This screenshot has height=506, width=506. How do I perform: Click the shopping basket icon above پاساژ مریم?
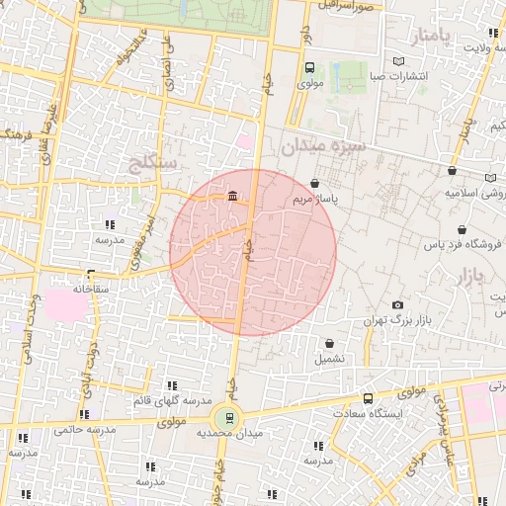tap(314, 183)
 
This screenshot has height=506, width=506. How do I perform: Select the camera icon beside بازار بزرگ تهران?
tap(398, 305)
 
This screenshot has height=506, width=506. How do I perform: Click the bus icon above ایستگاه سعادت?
tap(369, 398)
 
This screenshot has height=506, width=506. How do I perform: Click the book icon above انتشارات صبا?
tap(398, 61)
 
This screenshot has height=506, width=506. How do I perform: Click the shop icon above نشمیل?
tap(329, 344)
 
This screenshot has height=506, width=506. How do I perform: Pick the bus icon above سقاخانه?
tap(91, 275)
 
